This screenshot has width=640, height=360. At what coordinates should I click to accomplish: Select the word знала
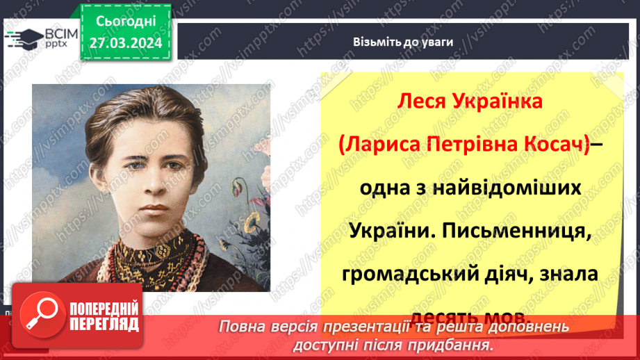coord(569,275)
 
